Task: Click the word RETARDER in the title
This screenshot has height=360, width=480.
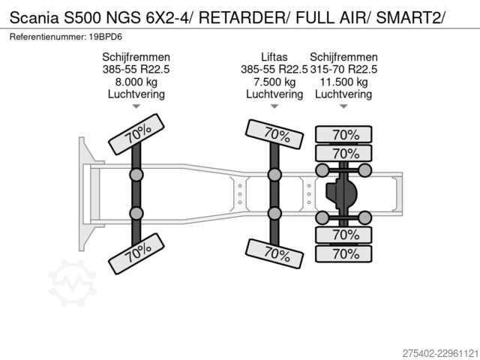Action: (241, 17)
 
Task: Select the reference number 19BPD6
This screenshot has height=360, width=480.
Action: (106, 37)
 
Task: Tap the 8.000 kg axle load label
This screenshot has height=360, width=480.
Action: (136, 82)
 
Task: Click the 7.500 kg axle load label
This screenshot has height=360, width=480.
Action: (274, 82)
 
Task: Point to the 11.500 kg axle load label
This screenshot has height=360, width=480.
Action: (343, 82)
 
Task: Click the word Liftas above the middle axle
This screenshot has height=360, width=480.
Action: (274, 57)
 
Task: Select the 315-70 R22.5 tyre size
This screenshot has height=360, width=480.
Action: (343, 70)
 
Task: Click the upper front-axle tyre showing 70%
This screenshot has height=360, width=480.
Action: (136, 134)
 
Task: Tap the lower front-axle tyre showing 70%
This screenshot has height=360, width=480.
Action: (136, 253)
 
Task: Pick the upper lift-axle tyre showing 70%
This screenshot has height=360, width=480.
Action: (274, 134)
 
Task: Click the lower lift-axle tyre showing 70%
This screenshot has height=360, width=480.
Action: (274, 253)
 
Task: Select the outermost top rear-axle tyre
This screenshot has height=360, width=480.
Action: (343, 134)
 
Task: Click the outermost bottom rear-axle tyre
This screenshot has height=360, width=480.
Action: (343, 253)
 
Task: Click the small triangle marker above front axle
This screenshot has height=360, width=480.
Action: (136, 106)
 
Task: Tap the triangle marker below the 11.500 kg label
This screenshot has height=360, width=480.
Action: (343, 106)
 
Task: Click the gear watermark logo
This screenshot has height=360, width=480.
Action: (73, 283)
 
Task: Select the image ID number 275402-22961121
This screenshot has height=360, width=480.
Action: (440, 353)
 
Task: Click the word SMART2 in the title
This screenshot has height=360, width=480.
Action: (408, 17)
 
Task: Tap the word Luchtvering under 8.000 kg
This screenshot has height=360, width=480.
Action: (136, 94)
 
